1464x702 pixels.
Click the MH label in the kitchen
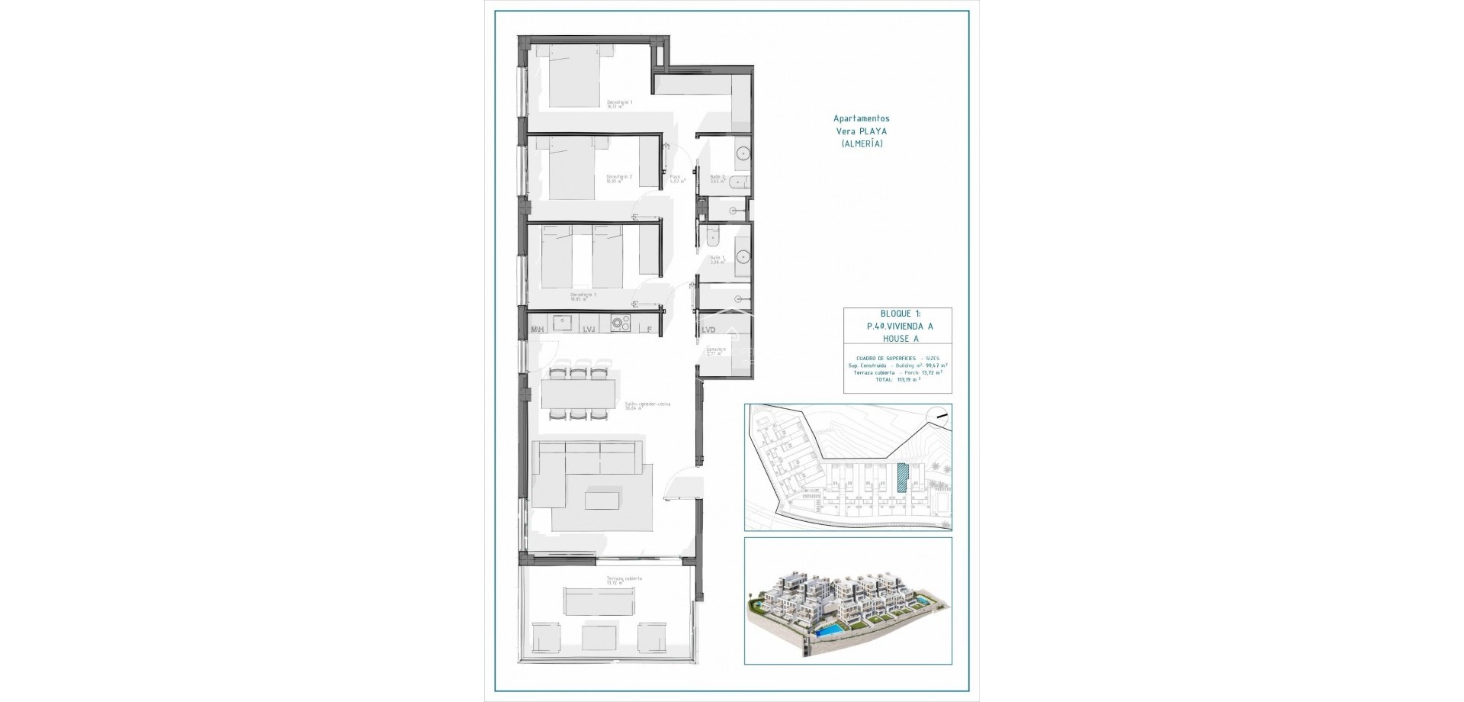pos(537,330)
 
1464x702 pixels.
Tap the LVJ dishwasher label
pos(589,330)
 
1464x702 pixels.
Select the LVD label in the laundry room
pos(708,330)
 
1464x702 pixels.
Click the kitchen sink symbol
pos(563,323)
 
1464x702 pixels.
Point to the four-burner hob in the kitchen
pos(620,323)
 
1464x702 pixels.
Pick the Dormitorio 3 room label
pos(583,294)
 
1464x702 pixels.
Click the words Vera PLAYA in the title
pos(862,131)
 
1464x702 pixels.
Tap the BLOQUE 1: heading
pos(897,314)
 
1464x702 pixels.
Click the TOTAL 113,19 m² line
pos(897,378)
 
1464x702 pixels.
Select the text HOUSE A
pos(897,338)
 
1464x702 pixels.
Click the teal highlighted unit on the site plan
pos(903,477)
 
